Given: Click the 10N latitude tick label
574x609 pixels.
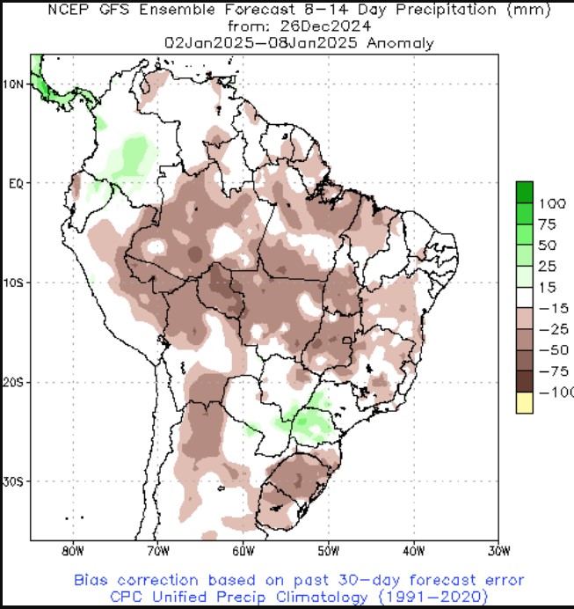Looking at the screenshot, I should (x=14, y=84).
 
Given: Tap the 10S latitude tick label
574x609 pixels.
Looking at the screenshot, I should (x=14, y=282).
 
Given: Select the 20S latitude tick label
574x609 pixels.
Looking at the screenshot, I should (x=14, y=382).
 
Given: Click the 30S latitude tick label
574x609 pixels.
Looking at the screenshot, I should (x=14, y=481).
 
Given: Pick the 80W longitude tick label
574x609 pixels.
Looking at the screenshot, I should (x=72, y=553).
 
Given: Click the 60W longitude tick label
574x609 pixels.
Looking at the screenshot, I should (x=243, y=553).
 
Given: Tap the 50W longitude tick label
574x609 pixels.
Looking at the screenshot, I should (x=328, y=553).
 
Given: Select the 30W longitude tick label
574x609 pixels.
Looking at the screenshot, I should (x=498, y=553).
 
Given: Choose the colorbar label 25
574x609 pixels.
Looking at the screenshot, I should (x=547, y=267).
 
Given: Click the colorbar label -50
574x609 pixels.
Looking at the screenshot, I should (x=550, y=350).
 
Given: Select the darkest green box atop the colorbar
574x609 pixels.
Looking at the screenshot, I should (x=525, y=191).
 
